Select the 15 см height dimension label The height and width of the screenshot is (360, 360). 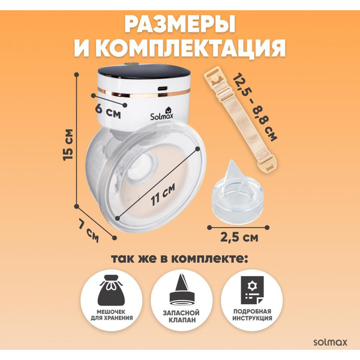pyautogui.click(x=70, y=144)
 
